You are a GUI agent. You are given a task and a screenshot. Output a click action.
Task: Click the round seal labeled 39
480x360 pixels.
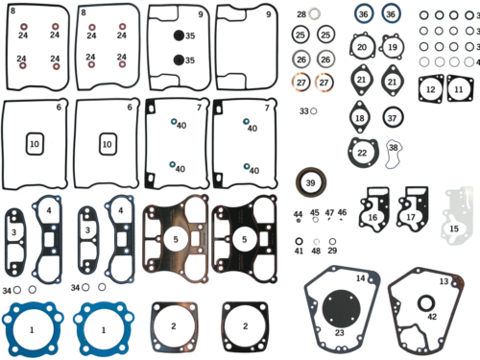pos(309,182)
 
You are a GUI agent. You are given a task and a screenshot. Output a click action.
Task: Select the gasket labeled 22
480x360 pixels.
pos(361,152)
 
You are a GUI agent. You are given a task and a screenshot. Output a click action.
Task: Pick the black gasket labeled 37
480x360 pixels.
pos(393,117)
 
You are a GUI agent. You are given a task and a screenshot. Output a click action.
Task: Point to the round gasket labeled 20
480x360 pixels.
pos(362,47)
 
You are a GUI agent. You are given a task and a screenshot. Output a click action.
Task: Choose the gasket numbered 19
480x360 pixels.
pos(393,46)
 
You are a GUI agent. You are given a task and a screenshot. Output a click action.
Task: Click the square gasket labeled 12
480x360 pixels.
pos(431,89)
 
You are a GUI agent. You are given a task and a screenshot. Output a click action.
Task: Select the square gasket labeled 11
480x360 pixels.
pos(459,89)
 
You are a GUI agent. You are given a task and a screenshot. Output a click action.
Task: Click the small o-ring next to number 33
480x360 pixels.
pos(314,111)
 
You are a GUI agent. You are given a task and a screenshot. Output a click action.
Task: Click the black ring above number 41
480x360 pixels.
pos(300,240)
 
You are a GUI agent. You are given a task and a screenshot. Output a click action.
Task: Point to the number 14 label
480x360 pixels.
pos(361,278)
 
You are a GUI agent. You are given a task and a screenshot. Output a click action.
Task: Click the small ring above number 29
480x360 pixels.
pos(332,240)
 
